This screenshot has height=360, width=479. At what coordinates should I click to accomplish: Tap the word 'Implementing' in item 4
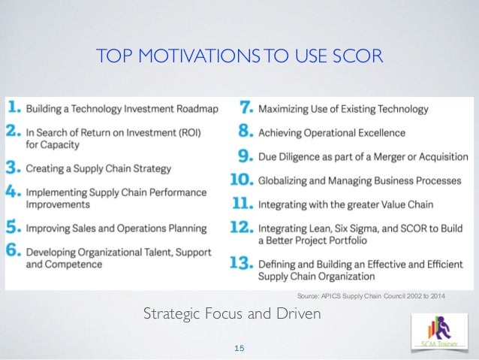pyautogui.click(x=55, y=191)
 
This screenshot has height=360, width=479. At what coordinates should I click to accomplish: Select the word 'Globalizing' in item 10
pyautogui.click(x=288, y=180)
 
